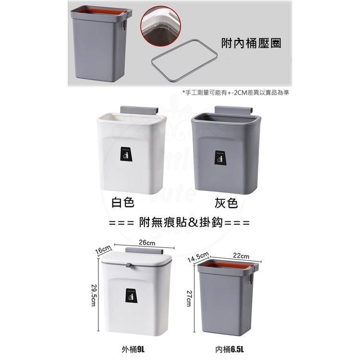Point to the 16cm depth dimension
click(103, 250)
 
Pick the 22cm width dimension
click(241, 255)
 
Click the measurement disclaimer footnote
click(235, 92)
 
